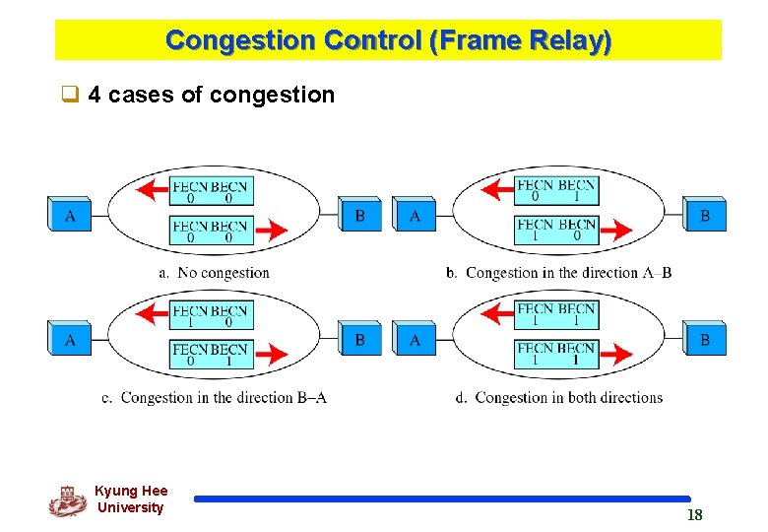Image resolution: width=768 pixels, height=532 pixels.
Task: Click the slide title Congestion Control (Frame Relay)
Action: [388, 41]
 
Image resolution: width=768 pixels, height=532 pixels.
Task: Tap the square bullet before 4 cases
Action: [69, 96]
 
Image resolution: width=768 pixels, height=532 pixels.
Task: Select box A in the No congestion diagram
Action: [69, 215]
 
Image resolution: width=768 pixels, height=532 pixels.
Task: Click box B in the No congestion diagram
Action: [360, 215]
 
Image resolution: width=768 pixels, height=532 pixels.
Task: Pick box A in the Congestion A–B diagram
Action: [415, 215]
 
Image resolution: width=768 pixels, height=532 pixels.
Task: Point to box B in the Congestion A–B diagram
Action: [704, 215]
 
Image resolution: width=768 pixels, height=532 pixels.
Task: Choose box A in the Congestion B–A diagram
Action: [69, 340]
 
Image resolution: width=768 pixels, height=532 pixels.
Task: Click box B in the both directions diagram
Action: [704, 340]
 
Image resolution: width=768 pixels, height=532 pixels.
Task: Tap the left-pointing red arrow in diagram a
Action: [152, 189]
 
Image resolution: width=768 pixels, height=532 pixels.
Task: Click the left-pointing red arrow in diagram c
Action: [152, 314]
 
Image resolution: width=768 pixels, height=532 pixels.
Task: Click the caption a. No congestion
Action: [214, 273]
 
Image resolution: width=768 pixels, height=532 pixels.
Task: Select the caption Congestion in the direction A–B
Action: [558, 273]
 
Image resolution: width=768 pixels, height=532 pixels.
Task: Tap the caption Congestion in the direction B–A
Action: [215, 398]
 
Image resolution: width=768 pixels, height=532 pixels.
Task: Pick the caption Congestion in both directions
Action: [558, 398]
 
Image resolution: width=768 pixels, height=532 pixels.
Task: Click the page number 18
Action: [694, 515]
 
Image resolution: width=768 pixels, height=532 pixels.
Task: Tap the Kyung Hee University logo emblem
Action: [67, 500]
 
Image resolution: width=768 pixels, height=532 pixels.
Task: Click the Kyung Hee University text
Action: [131, 499]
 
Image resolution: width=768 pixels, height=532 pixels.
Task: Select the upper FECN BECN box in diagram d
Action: [556, 314]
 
